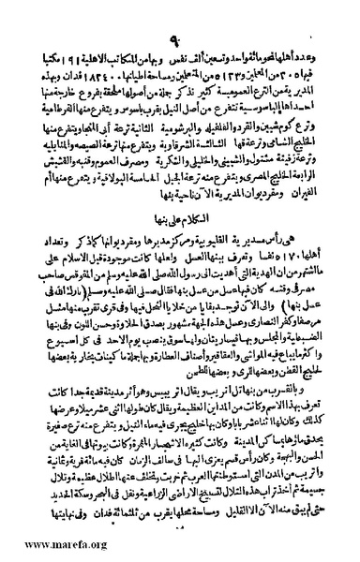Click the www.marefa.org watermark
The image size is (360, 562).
point(43,546)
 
